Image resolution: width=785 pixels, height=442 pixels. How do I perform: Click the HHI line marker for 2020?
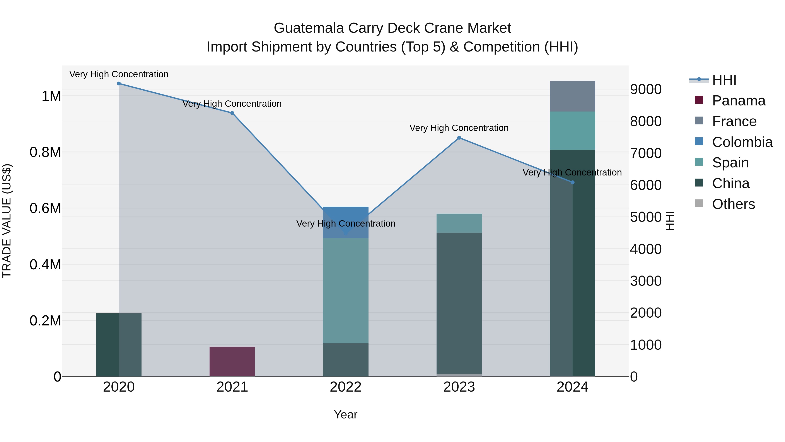coord(119,84)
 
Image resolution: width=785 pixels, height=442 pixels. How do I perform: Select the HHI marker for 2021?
coord(232,113)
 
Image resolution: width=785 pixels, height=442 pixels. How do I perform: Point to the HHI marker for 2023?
coord(459,138)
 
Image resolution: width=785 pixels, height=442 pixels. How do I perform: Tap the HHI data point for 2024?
coord(572,182)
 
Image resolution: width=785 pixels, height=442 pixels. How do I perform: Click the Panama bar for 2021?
coord(232,361)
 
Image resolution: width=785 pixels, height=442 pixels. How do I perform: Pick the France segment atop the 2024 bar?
coord(572,96)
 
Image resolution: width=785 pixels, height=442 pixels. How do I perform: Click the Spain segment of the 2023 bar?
coord(459,223)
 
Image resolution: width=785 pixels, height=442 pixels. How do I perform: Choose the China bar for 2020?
coord(119,345)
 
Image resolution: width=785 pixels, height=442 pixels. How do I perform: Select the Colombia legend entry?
coord(742,142)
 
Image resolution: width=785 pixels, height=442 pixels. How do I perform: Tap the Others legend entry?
coord(733,204)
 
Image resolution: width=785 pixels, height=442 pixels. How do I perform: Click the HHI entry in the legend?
coord(724,80)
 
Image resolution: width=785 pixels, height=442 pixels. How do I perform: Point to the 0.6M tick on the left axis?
coord(45,208)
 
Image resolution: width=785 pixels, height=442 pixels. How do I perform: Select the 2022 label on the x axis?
coord(346,387)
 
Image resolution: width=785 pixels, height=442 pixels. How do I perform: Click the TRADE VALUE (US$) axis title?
coord(7,221)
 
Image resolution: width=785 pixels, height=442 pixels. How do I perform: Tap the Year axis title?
coord(346,414)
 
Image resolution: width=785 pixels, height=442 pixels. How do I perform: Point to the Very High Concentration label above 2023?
coord(459,128)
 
